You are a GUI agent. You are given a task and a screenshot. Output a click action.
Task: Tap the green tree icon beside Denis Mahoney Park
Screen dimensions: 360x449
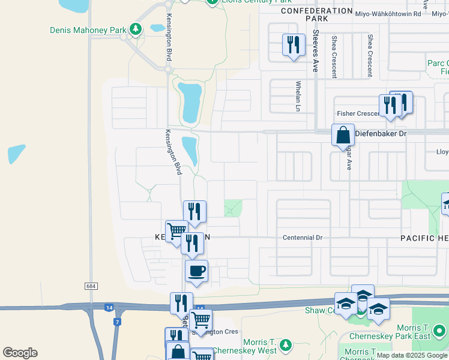tap(136, 29)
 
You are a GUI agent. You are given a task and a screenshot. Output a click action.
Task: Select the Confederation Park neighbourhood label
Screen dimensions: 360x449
tap(316, 14)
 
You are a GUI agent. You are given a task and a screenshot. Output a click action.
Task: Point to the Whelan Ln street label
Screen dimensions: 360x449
tap(298, 97)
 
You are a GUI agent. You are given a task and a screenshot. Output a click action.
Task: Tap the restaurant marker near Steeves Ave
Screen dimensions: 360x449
tap(294, 46)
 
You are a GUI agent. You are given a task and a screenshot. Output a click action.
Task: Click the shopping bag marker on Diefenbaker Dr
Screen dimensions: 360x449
tap(343, 135)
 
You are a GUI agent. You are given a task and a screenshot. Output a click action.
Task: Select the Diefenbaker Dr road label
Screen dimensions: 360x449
tap(381, 133)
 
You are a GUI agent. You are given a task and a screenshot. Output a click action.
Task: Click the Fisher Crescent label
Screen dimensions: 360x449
tap(357, 113)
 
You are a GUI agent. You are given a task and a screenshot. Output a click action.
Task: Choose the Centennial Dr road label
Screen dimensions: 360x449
tap(303, 238)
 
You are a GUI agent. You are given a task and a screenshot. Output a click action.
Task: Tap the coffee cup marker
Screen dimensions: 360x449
tap(196, 271)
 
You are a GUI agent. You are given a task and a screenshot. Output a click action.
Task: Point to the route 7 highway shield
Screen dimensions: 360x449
tap(117, 322)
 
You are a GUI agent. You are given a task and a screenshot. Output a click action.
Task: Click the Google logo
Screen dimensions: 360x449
tap(20, 353)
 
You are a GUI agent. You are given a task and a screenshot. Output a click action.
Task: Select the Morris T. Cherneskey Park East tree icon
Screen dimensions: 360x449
tap(440, 330)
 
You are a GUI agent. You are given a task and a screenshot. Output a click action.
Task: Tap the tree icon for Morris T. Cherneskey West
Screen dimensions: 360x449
tap(286, 344)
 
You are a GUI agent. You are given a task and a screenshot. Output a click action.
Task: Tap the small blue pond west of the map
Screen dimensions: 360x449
tap(17, 154)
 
